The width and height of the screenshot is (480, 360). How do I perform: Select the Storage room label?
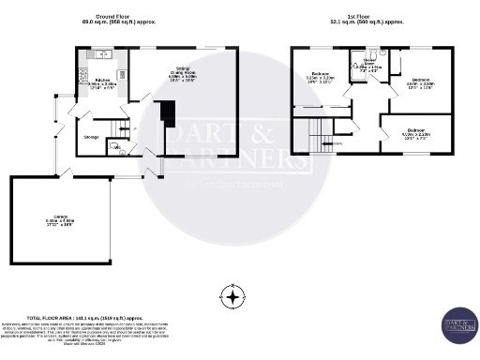point(92,137)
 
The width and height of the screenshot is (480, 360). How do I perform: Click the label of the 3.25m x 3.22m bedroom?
point(320,78)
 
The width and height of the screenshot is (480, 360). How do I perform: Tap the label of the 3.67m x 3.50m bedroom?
point(420,83)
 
